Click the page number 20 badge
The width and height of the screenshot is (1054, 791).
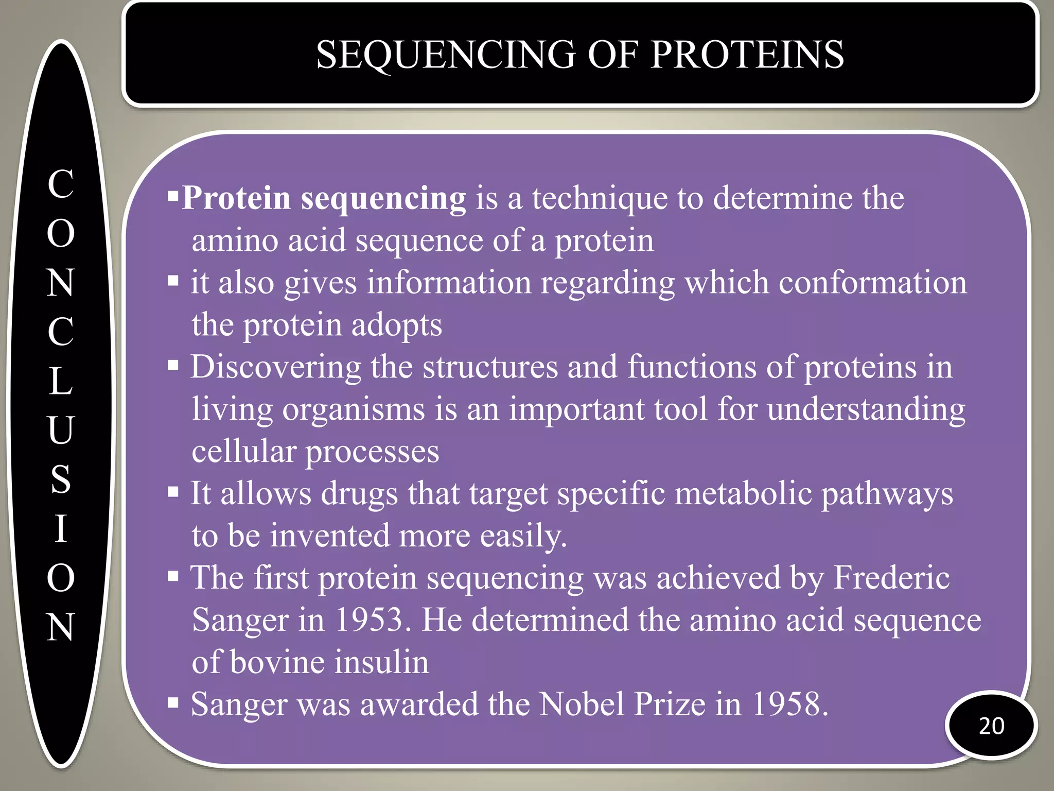tap(991, 726)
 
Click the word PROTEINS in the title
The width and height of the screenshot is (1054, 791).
tap(747, 55)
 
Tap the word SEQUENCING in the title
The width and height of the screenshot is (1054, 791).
tap(445, 55)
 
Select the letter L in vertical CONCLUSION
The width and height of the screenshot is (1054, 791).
tap(61, 381)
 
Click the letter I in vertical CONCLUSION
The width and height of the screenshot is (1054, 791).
tap(61, 528)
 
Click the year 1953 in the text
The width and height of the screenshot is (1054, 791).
tap(369, 620)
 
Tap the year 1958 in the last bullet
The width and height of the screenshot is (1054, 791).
tap(790, 704)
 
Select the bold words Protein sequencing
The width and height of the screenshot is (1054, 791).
tap(324, 198)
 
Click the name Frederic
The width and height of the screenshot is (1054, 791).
tap(891, 577)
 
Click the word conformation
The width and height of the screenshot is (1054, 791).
tap(872, 283)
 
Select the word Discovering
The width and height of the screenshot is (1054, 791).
tap(276, 367)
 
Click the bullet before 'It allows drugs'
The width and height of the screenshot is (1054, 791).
tap(173, 492)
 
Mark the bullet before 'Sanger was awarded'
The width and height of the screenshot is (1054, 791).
tap(173, 702)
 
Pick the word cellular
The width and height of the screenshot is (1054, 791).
tap(243, 452)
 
